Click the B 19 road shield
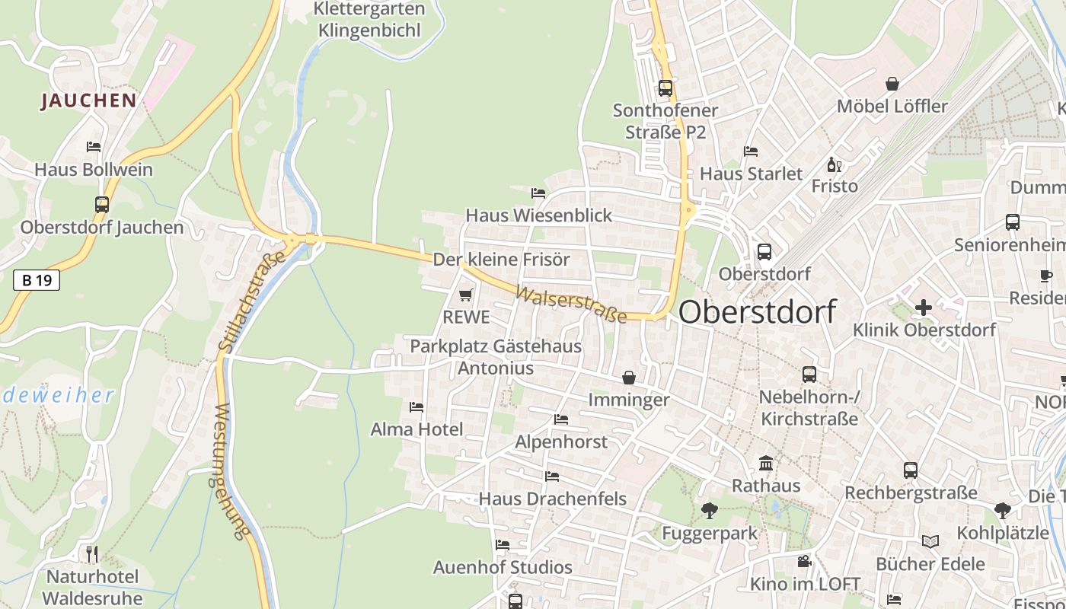37,280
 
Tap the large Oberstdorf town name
757,312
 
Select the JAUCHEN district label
89,100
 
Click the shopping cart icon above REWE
466,295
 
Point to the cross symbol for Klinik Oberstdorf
924,308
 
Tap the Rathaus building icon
766,463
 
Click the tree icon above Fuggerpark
710,510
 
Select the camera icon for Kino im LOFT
804,562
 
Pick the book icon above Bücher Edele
930,541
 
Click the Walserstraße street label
570,304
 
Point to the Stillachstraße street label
251,301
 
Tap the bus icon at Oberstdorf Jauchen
101,204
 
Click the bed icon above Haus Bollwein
94,146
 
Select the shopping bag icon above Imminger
629,378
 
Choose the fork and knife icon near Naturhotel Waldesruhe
92,553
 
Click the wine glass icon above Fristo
835,164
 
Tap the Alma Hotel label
417,429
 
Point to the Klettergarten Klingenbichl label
369,20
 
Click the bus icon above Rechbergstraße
911,470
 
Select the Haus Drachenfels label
552,499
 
